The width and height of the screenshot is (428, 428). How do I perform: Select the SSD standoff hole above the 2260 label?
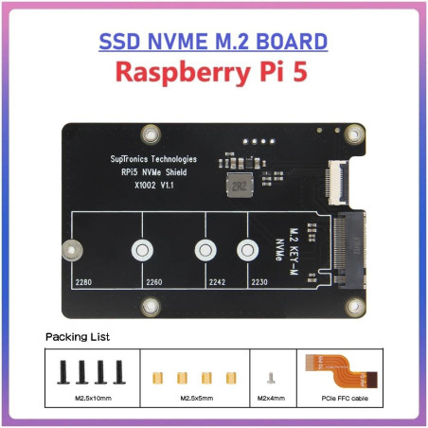[143, 251]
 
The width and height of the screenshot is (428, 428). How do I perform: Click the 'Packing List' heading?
[78, 336]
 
